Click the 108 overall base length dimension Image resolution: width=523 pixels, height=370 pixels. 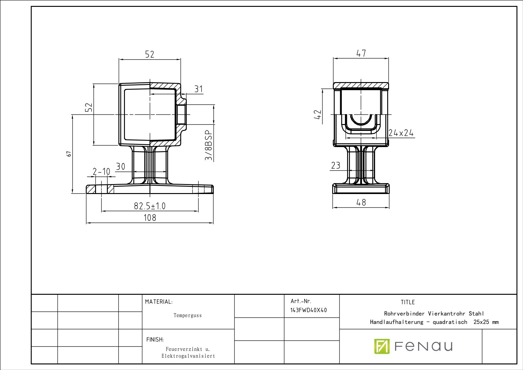click(149, 218)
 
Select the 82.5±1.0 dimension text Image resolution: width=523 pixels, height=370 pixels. click(149, 206)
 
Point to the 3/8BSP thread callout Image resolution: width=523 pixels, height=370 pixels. click(209, 145)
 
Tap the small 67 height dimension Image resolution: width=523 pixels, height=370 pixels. click(69, 154)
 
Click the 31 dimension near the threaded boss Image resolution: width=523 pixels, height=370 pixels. click(199, 89)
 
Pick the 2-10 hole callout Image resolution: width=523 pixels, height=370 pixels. click(101, 172)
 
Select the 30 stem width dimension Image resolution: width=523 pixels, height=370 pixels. click(120, 167)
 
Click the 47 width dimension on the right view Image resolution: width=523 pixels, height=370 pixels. click(361, 53)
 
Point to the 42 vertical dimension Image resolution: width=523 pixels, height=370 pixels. click(318, 114)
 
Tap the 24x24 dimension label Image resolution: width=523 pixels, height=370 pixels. click(401, 133)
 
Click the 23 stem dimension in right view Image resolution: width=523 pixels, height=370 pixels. click(336, 165)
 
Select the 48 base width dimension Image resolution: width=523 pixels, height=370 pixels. click(361, 202)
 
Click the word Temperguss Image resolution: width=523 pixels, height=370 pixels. click(187, 315)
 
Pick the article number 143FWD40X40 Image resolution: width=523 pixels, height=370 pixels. click(308, 310)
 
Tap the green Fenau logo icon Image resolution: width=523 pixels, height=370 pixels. click(382, 346)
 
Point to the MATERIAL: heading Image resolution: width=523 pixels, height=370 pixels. click(158, 302)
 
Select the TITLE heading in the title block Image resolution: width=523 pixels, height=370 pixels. click(407, 302)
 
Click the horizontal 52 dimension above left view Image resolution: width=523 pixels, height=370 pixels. click(149, 54)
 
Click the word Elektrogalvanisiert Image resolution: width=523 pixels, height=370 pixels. click(188, 356)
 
